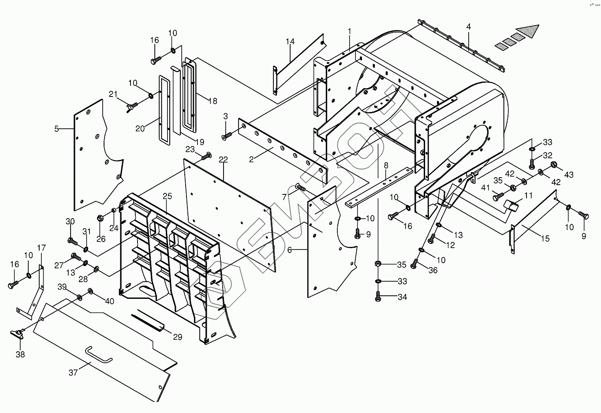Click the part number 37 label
click(x=73, y=372)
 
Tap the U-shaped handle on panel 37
click(x=99, y=355)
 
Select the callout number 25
click(x=167, y=196)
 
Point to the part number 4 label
click(x=468, y=26)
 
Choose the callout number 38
click(x=20, y=354)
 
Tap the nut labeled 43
click(x=552, y=164)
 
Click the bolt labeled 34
click(x=378, y=297)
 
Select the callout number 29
click(x=177, y=337)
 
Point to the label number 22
click(x=223, y=160)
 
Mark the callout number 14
click(x=290, y=41)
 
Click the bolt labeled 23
click(x=206, y=156)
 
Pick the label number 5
click(x=56, y=129)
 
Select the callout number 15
click(x=545, y=238)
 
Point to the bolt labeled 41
click(x=499, y=197)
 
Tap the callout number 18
click(x=213, y=101)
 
